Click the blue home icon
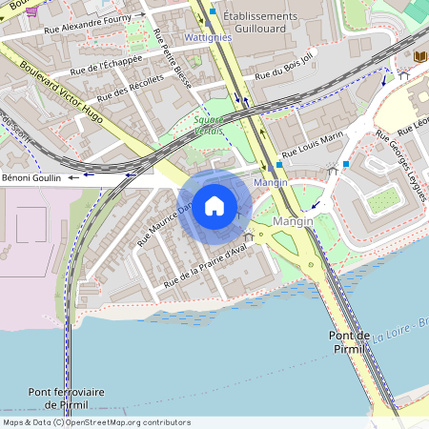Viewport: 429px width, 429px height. point(214,205)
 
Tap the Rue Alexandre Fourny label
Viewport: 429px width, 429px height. point(92,23)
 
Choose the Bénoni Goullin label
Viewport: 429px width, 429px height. point(32,177)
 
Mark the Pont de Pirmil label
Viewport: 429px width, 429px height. point(349,342)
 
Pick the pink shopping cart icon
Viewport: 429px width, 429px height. point(33,10)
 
